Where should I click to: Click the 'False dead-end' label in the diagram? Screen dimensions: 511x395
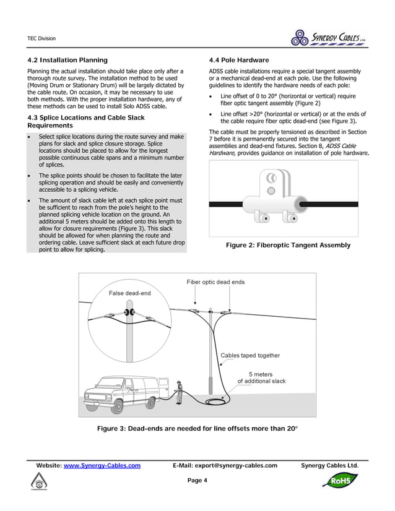pos(129,293)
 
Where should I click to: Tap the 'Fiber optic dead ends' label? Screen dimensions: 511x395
pos(215,282)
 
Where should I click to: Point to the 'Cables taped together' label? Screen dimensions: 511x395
pos(250,356)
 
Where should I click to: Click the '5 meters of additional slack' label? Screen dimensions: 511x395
pos(262,378)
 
